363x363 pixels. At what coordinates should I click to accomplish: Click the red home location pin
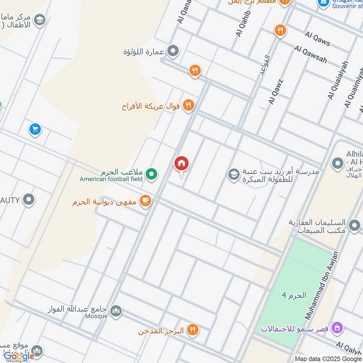coord(181,164)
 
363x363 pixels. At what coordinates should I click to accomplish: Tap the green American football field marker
coord(152,173)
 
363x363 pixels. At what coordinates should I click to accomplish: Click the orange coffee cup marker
coord(145,201)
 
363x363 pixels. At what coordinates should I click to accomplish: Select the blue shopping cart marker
coord(35,130)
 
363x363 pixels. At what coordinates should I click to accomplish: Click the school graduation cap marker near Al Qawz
coord(233,174)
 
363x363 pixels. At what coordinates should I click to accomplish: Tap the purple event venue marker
coord(337,327)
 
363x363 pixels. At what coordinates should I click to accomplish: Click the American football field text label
coord(111,179)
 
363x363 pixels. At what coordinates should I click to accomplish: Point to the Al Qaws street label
coord(318,38)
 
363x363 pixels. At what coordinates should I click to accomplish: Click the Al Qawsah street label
coord(310,54)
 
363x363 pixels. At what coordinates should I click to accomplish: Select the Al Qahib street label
coord(241,24)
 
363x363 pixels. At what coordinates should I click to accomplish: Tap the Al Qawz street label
coord(275,91)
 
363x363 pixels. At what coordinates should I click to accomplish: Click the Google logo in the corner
coord(19,356)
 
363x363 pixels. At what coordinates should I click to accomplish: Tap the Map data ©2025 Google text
coord(328,358)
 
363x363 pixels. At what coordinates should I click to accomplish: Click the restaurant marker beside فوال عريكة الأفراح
coord(189,106)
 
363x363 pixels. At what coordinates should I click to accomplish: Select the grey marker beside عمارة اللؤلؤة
coord(172,51)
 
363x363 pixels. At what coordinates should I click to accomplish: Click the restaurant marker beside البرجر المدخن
coord(193,330)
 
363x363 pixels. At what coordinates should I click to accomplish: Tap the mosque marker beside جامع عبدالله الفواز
coord(116,310)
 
